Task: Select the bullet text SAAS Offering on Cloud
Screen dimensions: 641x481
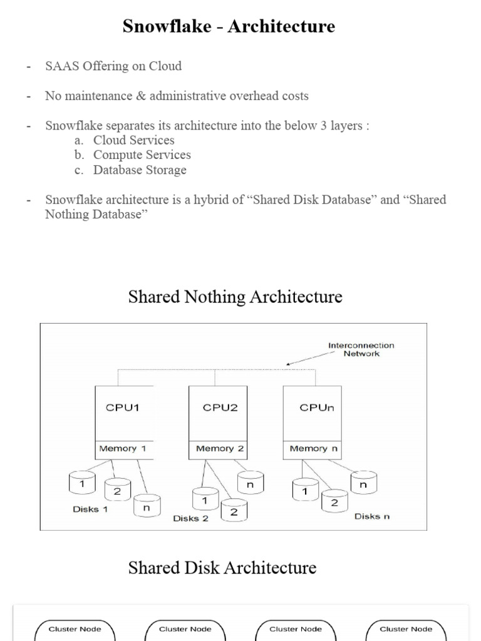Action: [x=113, y=66]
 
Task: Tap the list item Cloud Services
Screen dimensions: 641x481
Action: [x=133, y=140]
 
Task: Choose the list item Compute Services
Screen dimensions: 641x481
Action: [x=142, y=155]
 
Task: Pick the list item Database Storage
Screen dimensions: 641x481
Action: [x=140, y=170]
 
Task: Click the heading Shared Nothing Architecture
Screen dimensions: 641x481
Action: [x=235, y=296]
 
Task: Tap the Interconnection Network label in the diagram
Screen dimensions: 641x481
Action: [x=361, y=349]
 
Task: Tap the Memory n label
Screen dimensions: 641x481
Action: [x=311, y=448]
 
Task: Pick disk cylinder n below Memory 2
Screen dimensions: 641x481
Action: [x=250, y=483]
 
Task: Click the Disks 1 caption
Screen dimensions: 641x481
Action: [x=90, y=510]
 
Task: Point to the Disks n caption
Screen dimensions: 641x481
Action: [x=372, y=516]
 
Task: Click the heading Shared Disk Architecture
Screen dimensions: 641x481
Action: [x=222, y=568]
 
